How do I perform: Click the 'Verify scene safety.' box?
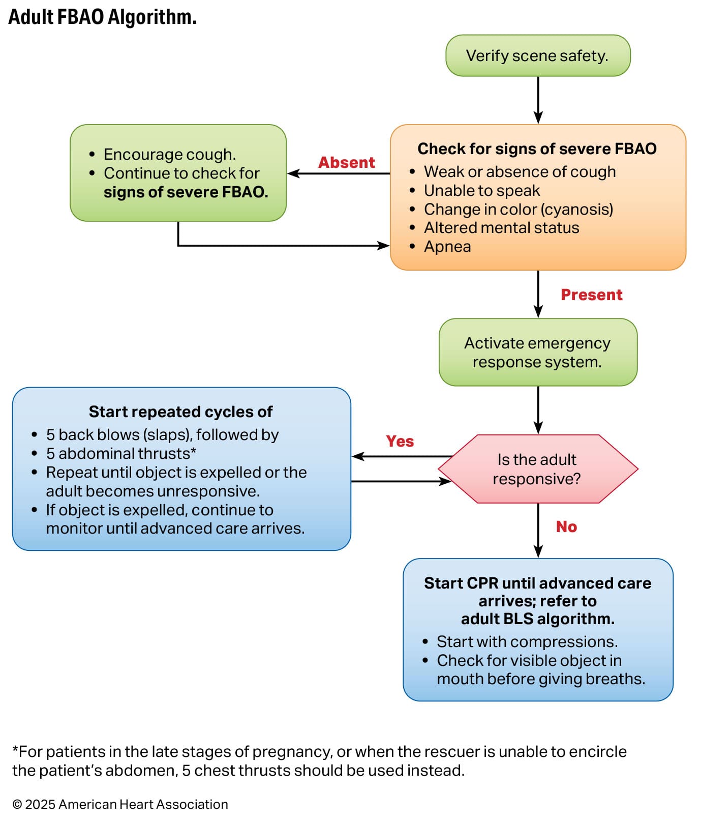click(537, 55)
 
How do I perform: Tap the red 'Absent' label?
click(346, 163)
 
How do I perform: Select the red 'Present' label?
click(591, 295)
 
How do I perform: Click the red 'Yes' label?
click(400, 442)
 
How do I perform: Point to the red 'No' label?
click(566, 527)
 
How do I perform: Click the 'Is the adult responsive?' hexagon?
click(537, 469)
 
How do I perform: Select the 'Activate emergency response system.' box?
click(537, 353)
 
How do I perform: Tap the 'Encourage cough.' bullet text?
click(169, 154)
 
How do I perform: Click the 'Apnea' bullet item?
click(447, 247)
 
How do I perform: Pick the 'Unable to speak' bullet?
click(481, 191)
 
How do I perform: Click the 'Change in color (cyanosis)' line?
click(518, 210)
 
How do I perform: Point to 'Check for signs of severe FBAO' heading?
click(537, 149)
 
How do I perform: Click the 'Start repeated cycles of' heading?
click(180, 412)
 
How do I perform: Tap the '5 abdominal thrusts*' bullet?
click(121, 454)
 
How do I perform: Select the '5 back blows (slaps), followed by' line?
click(162, 435)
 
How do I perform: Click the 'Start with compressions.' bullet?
click(527, 642)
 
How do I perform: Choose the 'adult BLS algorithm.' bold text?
click(537, 619)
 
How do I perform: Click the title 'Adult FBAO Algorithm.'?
click(102, 17)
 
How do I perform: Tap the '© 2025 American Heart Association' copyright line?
click(120, 804)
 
